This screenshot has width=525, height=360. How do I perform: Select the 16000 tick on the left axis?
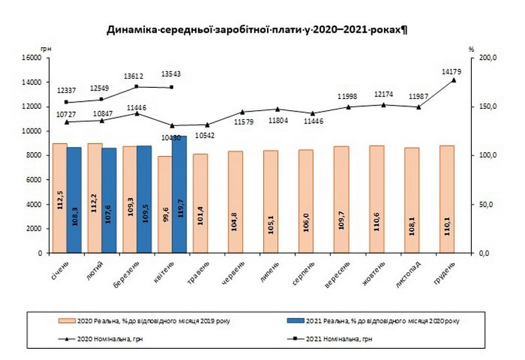tap(31, 58)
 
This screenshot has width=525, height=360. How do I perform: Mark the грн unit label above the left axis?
tap(46, 49)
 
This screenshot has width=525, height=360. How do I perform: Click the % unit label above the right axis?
tap(471, 49)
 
